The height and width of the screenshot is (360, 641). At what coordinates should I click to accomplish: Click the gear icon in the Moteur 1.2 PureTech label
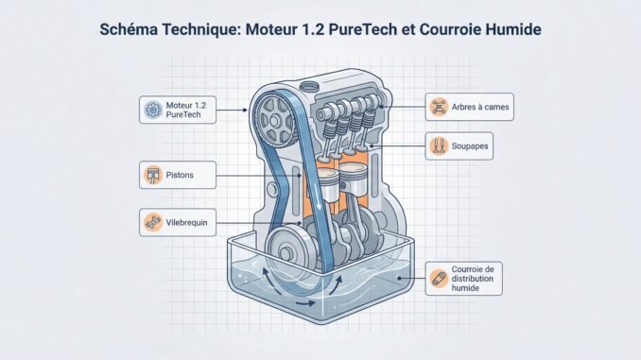click(151, 110)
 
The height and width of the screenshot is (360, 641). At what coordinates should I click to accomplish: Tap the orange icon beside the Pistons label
click(151, 174)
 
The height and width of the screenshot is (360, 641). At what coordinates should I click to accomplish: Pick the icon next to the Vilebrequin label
click(151, 224)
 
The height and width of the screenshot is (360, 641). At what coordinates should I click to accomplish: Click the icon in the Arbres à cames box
click(437, 107)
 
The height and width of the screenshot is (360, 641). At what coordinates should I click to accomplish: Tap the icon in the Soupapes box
click(437, 146)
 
